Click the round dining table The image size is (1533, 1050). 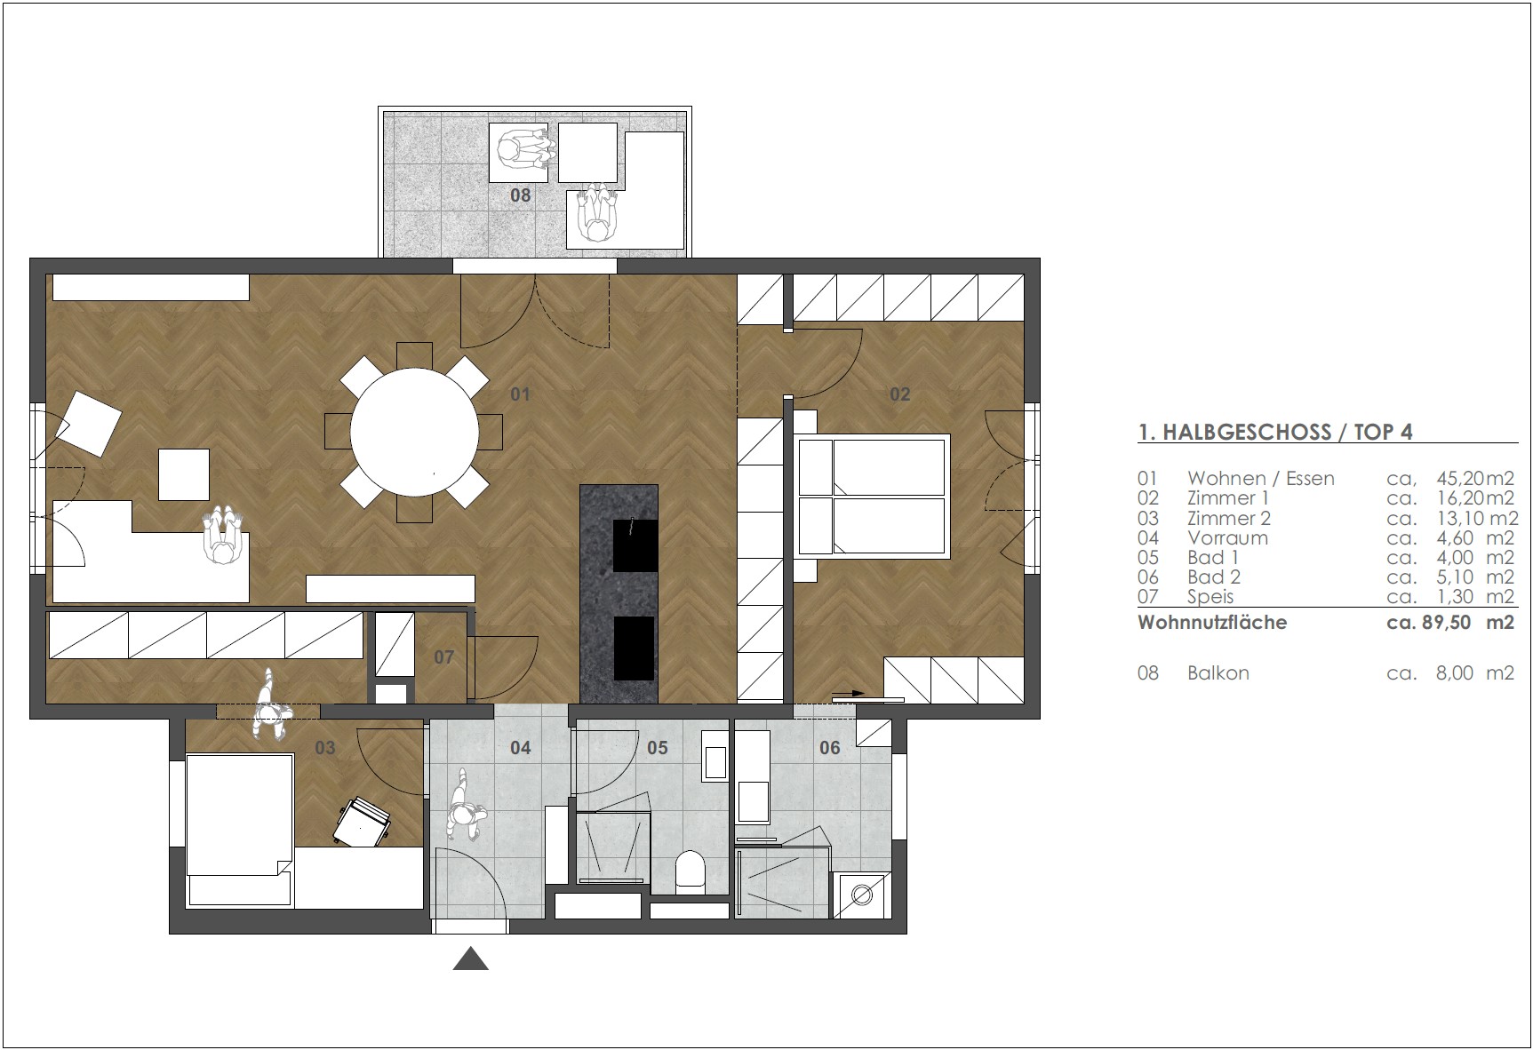pos(414,433)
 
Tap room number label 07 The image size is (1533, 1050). pos(443,657)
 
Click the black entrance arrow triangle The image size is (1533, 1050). pos(471,959)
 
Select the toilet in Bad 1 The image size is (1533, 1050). pos(690,871)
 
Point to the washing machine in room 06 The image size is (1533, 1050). pos(860,895)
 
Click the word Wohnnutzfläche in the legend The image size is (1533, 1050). pos(1212,622)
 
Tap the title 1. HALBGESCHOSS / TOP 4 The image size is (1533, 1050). pos(1275,432)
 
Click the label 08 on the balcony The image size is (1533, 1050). pos(520,195)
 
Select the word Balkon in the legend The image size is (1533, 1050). pos(1218,673)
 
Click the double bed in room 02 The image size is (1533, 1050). pos(872,496)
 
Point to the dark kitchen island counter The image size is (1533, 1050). pos(619,593)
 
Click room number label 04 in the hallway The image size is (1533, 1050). pos(521,748)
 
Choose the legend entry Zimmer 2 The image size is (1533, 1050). pos(1229,518)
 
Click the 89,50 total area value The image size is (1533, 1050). pos(1446,622)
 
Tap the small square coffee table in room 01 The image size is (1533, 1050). pos(184,474)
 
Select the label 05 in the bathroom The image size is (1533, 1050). pos(658,748)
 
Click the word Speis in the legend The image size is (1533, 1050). pos(1210,597)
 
